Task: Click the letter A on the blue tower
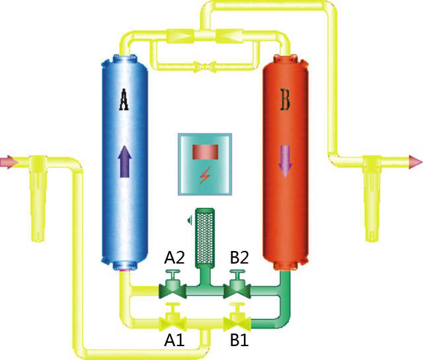coord(124,100)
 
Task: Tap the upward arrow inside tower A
coord(125,161)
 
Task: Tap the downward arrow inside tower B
coord(286,161)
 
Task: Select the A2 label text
coord(174,258)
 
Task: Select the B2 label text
coord(239,258)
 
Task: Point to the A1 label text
coord(174,340)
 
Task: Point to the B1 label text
coord(239,340)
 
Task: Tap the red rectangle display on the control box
coord(206,152)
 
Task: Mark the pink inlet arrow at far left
coord(8,162)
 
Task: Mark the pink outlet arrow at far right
coord(416,162)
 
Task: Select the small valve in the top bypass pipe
coord(205,66)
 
